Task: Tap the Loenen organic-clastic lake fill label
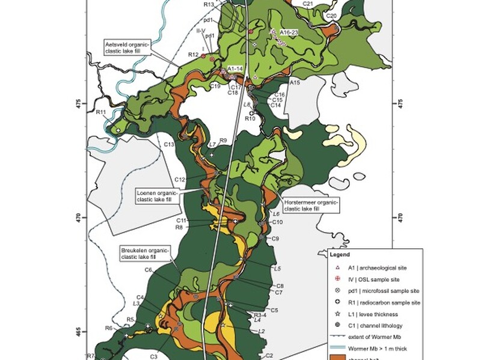[x=158, y=195]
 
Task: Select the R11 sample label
[x=101, y=112]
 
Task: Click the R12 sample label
[x=193, y=55]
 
